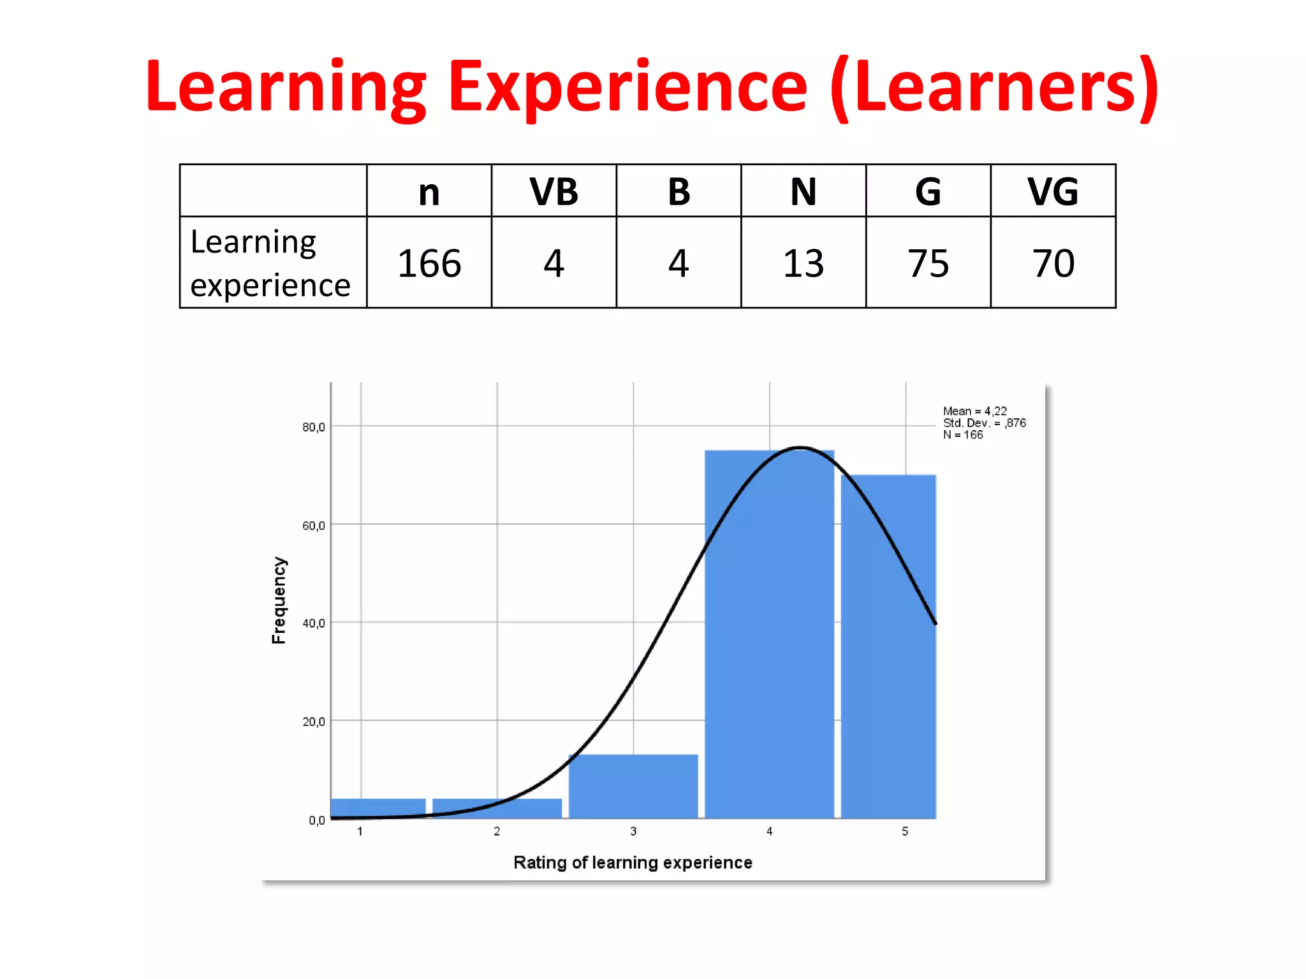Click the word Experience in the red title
627,88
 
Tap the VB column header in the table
554,191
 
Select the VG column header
1053,191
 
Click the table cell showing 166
429,263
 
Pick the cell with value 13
803,263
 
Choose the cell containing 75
928,263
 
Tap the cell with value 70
1053,263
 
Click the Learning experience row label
270,263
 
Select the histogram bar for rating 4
769,637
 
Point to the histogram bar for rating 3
633,787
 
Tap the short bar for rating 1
378,808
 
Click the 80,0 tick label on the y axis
313,427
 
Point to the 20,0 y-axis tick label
313,722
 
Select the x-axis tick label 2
497,831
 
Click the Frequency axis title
279,600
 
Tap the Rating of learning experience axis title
633,862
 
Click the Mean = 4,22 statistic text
974,411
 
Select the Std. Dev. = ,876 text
984,423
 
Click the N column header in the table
803,191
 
